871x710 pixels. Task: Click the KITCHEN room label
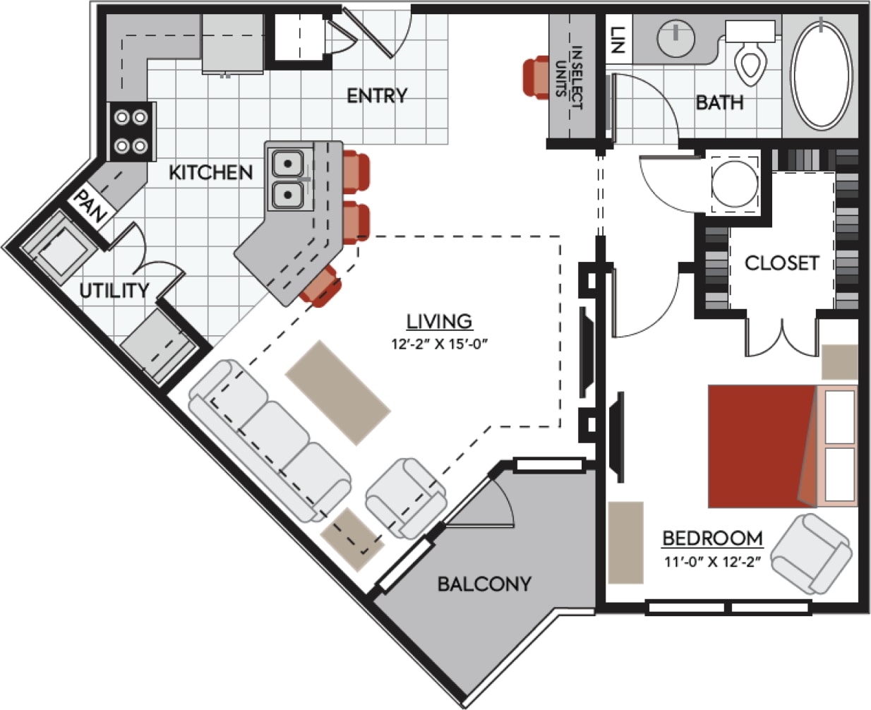point(210,172)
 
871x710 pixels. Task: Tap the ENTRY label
point(377,96)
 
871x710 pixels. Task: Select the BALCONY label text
point(483,584)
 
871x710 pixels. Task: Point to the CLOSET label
point(782,263)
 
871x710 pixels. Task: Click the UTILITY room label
point(114,290)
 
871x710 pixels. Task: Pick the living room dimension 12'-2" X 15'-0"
point(440,345)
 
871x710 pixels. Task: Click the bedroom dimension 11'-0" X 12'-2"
point(712,562)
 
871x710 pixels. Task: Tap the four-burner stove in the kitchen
point(131,131)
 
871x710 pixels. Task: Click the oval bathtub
point(821,74)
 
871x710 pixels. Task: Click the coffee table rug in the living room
point(337,392)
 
